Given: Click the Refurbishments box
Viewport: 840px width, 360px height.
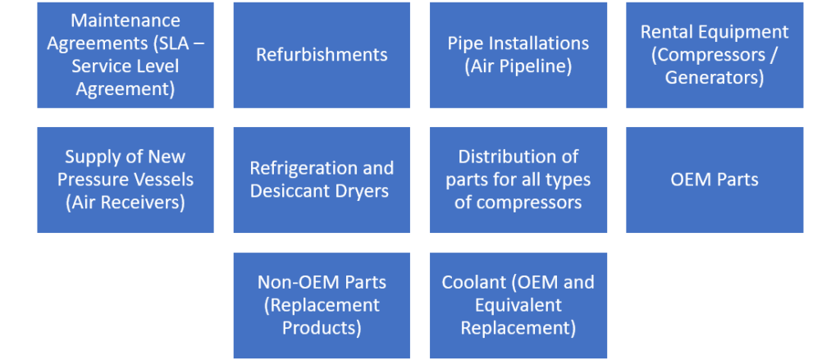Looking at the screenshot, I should pyautogui.click(x=322, y=55).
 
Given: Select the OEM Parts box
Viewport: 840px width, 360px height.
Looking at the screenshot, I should pyautogui.click(x=714, y=179).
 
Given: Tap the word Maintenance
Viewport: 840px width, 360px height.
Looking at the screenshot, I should pyautogui.click(x=125, y=20).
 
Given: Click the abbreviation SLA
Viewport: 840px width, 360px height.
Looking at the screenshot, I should pyautogui.click(x=175, y=43).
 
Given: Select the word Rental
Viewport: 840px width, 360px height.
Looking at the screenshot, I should pyautogui.click(x=667, y=32).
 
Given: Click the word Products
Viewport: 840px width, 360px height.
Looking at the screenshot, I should pyautogui.click(x=322, y=328).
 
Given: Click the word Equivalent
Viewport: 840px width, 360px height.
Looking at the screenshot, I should pyautogui.click(x=518, y=305).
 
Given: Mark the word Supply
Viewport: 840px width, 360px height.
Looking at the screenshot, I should pyautogui.click(x=90, y=157).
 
